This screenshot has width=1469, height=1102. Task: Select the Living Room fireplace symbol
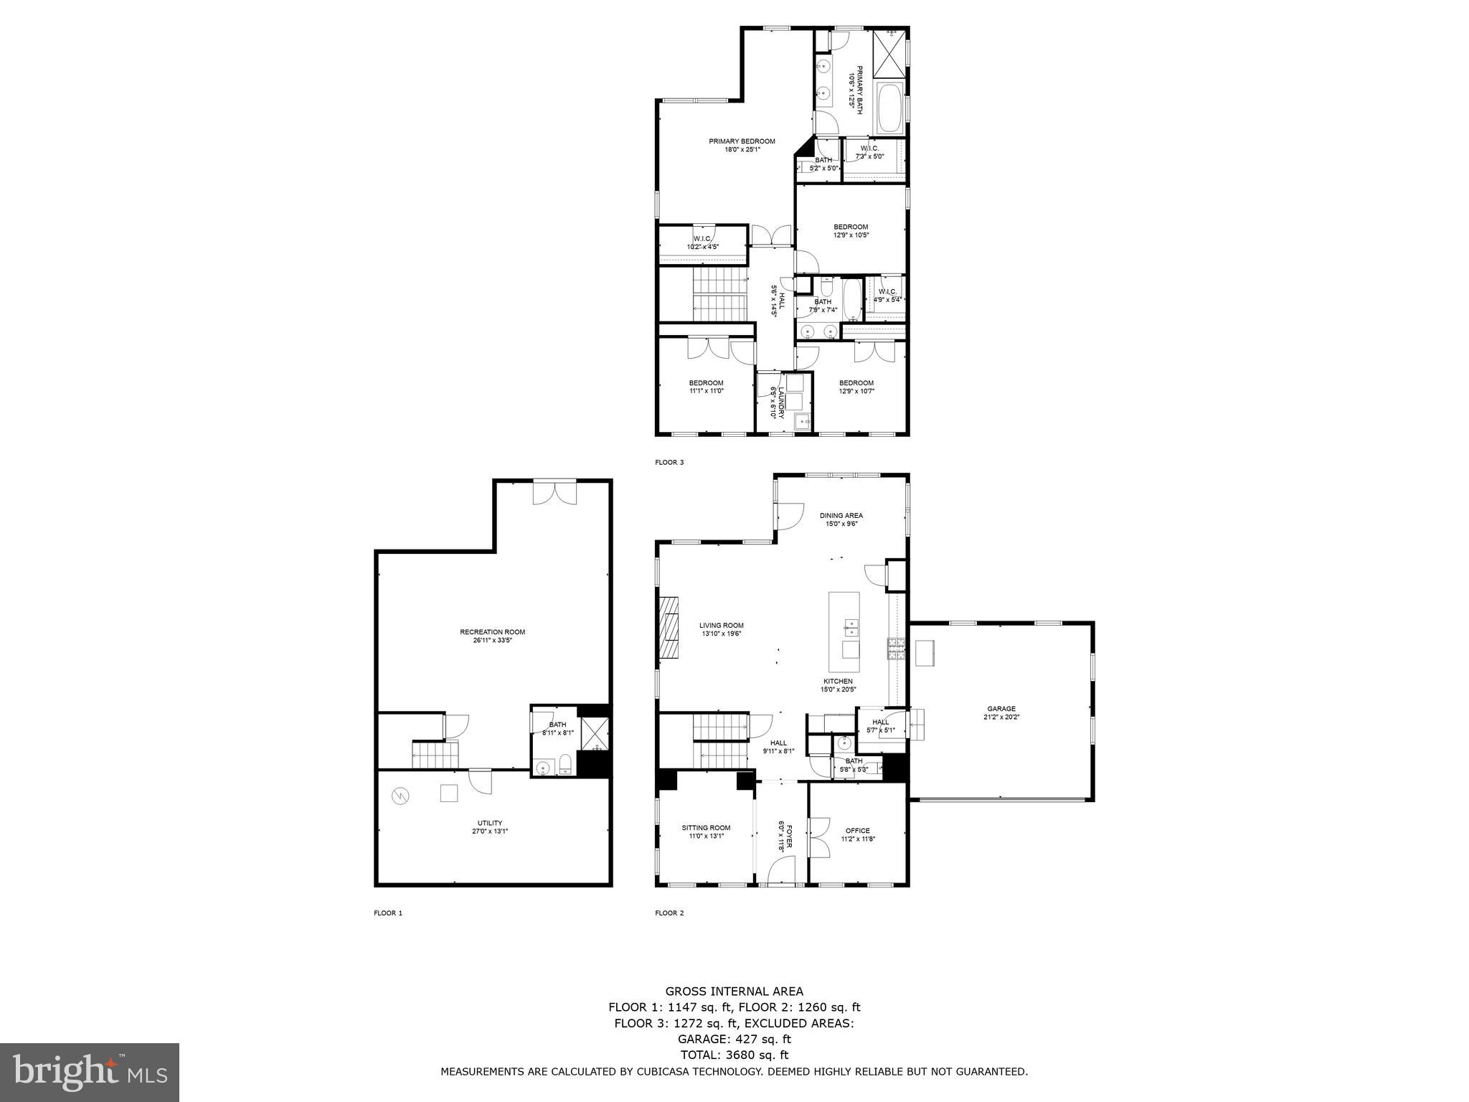pos(670,627)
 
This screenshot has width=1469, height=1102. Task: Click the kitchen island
pos(844,631)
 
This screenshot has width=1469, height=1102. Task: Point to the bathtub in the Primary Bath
pos(890,108)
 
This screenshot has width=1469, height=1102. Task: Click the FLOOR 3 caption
pos(669,463)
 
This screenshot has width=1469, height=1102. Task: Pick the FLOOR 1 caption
pos(388,913)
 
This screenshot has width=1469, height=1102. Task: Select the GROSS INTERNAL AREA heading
pos(734,992)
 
